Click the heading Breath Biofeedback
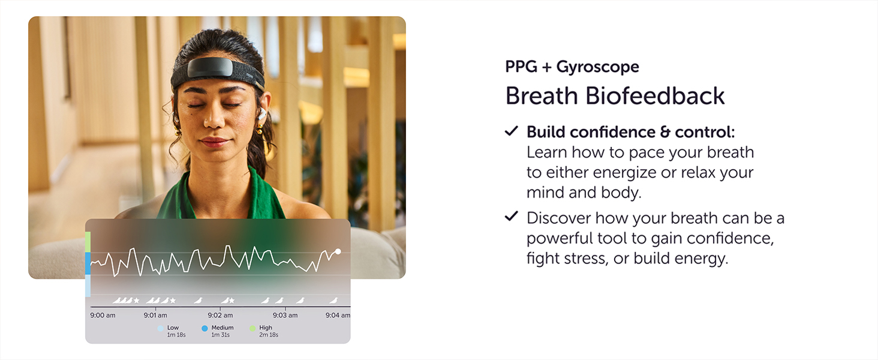615,97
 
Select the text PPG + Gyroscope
572,67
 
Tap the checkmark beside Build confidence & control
511,131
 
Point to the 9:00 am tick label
103,315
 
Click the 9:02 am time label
220,315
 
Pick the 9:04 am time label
337,315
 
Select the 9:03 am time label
285,315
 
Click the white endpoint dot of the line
338,251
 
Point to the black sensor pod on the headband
210,68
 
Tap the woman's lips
215,142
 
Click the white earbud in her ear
263,113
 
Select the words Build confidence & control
630,132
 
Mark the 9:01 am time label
155,315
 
